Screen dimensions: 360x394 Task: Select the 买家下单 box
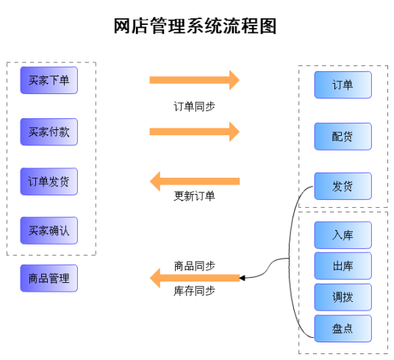click(x=49, y=80)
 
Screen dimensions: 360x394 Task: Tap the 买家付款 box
click(x=49, y=132)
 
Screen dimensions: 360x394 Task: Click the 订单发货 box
click(x=49, y=181)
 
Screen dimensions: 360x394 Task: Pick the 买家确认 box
click(x=49, y=231)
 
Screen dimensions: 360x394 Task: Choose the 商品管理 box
click(x=49, y=278)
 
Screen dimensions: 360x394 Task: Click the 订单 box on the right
click(x=343, y=85)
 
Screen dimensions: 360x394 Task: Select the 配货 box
click(x=343, y=136)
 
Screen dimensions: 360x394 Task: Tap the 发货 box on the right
click(x=343, y=186)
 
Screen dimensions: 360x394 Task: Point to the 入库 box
click(x=343, y=235)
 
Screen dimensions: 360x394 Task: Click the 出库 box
click(x=343, y=266)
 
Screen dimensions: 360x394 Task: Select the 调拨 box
click(x=343, y=297)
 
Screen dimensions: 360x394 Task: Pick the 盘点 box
click(x=343, y=328)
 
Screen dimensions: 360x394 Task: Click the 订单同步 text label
click(x=195, y=106)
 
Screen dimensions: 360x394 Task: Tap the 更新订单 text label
click(x=195, y=196)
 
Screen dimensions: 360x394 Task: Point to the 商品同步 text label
click(x=195, y=264)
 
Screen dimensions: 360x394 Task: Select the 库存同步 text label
click(x=195, y=291)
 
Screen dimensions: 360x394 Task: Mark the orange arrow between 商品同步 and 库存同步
click(x=195, y=278)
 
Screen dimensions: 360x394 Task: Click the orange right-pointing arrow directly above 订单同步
click(x=195, y=80)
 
